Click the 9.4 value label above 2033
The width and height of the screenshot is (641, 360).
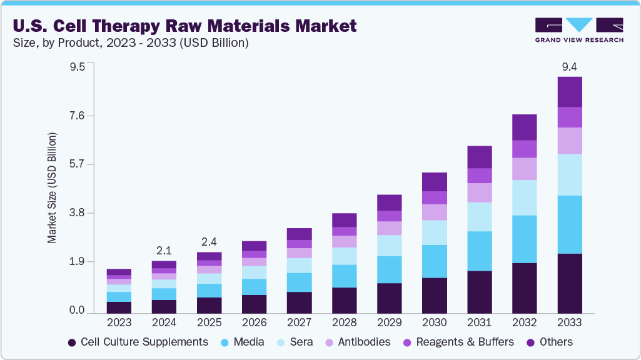click(570, 67)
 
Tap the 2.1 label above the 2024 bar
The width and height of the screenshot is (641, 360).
click(164, 251)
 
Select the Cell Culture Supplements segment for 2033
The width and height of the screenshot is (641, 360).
click(570, 283)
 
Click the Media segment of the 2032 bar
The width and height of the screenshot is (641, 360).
click(525, 239)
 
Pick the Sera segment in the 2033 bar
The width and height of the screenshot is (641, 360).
click(570, 174)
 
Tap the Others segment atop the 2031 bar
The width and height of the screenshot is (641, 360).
click(480, 157)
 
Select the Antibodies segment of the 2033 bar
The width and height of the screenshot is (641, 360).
click(570, 141)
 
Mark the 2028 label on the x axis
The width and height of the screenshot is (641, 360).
click(344, 322)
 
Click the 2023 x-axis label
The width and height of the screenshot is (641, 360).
click(119, 322)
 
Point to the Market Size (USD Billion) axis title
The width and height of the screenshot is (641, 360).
click(53, 187)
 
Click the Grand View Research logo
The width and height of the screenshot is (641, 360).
click(578, 30)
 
